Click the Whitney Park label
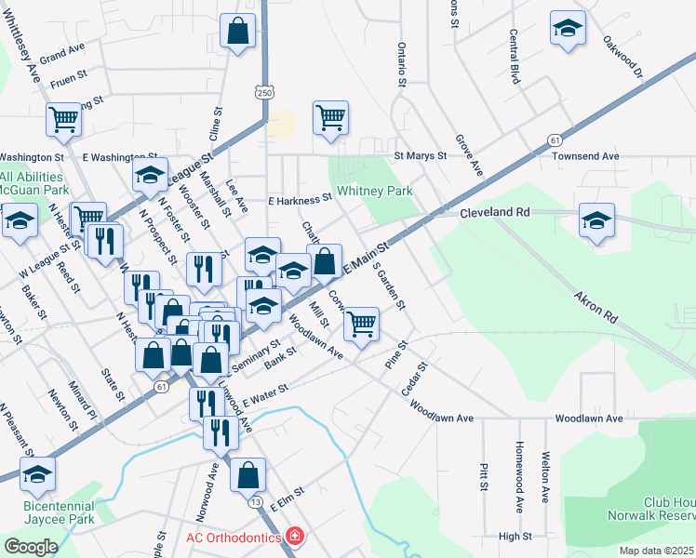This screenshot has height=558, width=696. [374, 191]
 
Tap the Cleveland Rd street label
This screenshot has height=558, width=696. [494, 213]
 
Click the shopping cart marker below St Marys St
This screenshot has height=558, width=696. [330, 119]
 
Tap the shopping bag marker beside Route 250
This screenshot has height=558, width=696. [238, 32]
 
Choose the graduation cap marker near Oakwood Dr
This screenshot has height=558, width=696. [567, 28]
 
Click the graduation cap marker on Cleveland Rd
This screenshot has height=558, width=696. [596, 221]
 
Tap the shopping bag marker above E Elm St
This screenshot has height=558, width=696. [248, 475]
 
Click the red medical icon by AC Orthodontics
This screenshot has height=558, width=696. [295, 537]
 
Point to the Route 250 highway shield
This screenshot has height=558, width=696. [265, 93]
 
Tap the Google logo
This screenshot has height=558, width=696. [31, 546]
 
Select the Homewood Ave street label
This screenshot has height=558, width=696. [520, 476]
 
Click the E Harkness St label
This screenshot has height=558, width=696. [300, 199]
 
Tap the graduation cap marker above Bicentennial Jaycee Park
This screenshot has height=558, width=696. [37, 474]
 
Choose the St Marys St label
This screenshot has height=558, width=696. [422, 156]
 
